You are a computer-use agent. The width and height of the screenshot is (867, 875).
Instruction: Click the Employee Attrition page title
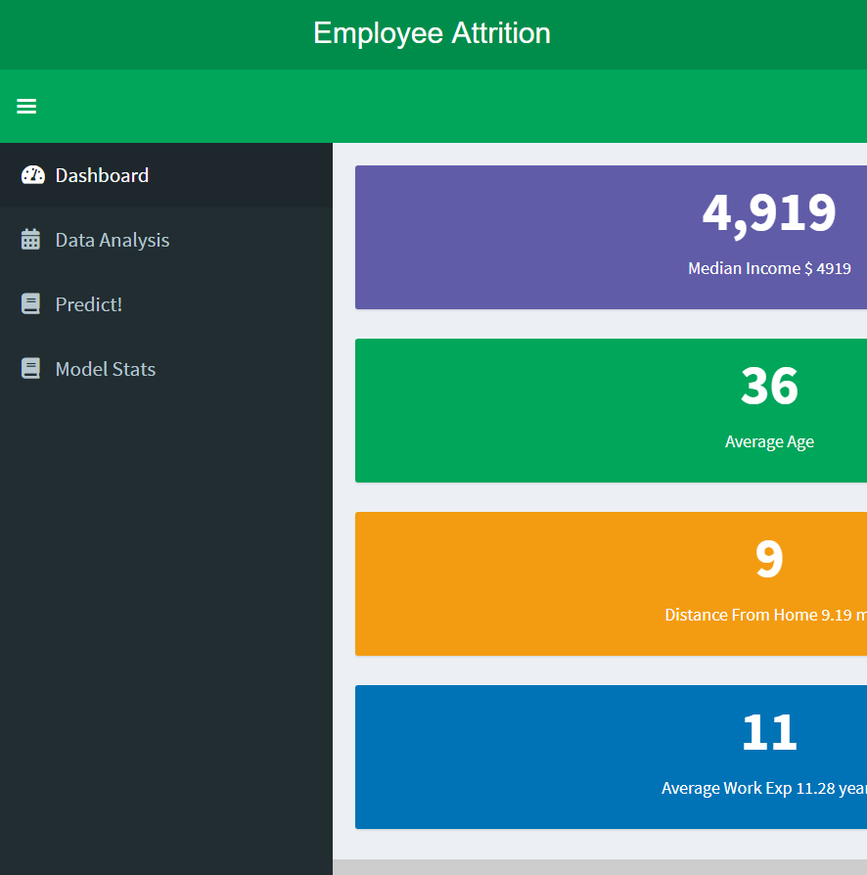pyautogui.click(x=432, y=33)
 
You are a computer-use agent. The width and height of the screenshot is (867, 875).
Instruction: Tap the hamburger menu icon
pyautogui.click(x=26, y=106)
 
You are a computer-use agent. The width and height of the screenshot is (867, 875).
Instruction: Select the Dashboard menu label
pyautogui.click(x=102, y=175)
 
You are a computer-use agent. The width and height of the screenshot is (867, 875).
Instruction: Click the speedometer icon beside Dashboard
pyautogui.click(x=33, y=175)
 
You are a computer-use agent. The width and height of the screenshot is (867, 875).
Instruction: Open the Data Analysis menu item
pyautogui.click(x=113, y=240)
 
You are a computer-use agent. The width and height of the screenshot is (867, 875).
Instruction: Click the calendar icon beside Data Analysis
pyautogui.click(x=30, y=240)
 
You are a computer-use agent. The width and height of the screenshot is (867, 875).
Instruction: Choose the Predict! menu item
pyautogui.click(x=89, y=304)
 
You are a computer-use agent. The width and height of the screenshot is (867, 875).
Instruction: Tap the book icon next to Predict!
pyautogui.click(x=30, y=304)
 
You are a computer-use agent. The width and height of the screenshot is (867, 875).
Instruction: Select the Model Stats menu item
pyautogui.click(x=106, y=369)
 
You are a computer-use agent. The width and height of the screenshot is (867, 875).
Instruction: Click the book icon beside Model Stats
pyautogui.click(x=30, y=369)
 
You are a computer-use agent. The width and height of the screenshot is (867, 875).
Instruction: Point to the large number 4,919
pyautogui.click(x=769, y=213)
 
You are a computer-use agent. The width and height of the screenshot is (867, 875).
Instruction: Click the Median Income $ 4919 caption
pyautogui.click(x=769, y=268)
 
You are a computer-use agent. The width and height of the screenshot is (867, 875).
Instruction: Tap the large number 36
pyautogui.click(x=769, y=386)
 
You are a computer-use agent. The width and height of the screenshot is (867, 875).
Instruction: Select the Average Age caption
pyautogui.click(x=769, y=442)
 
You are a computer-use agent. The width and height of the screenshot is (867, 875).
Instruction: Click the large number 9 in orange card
pyautogui.click(x=769, y=559)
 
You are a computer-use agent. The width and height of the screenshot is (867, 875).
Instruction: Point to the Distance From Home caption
pyautogui.click(x=766, y=615)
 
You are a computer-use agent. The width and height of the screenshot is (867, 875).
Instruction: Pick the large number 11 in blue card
pyautogui.click(x=769, y=732)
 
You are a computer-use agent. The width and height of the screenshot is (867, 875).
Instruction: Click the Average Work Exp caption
pyautogui.click(x=764, y=789)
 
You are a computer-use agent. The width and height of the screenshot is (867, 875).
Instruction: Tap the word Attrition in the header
pyautogui.click(x=501, y=33)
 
